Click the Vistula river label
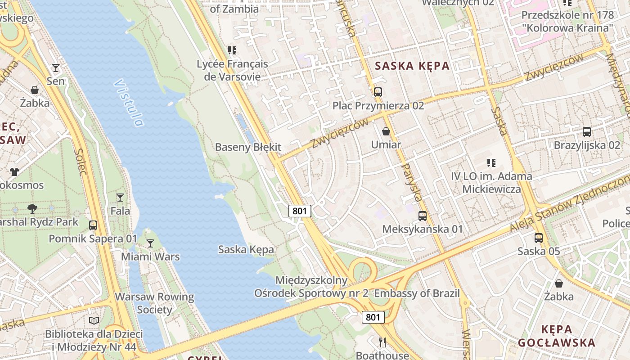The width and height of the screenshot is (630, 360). point(129,103)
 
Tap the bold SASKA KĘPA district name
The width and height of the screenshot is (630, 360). point(412,66)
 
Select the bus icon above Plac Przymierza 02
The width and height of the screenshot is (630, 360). point(378,92)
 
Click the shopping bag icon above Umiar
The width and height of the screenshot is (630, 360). point(386,131)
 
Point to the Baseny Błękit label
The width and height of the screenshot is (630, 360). point(248,147)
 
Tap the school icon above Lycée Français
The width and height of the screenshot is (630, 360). point(232,50)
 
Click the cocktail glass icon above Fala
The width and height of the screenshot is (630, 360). point(120,197)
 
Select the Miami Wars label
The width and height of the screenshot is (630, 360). point(150,257)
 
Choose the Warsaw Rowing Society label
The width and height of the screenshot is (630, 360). point(154,303)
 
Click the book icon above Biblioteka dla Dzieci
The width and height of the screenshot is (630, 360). point(94,320)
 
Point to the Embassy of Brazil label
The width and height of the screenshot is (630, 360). point(417,293)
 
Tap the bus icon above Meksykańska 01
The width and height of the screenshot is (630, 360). point(423,216)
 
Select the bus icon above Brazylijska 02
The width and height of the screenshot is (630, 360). point(587,132)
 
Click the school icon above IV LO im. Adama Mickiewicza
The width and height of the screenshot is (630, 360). point(491,163)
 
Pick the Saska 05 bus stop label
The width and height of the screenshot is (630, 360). point(539,251)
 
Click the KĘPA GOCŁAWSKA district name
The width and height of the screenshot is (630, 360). point(556,336)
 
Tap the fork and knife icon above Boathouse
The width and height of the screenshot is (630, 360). point(382,342)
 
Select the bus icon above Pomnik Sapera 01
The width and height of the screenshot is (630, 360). point(93,225)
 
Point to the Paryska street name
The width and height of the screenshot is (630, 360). point(411,182)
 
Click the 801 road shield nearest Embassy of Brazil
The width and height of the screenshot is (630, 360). point(373,317)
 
